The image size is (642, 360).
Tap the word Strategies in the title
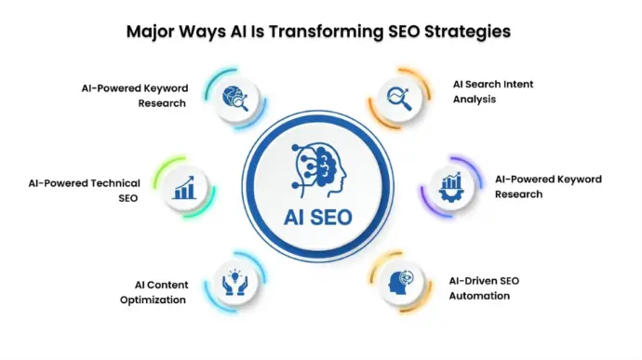467,32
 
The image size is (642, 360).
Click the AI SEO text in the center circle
318,217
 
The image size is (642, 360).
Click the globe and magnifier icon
235,99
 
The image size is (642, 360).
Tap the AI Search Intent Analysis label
493,92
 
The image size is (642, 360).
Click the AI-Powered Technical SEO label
85,191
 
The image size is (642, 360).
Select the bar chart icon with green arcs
184,188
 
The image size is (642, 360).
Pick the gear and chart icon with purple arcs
451,187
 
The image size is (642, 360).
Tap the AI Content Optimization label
154,292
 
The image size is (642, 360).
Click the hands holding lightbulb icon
235,282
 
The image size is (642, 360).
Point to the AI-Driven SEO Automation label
484,288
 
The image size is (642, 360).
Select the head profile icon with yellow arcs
400,282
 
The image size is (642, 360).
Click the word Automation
479,296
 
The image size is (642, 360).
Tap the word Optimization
153,300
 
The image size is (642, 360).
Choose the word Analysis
475,100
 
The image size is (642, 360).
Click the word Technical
115,183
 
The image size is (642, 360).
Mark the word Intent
517,84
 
